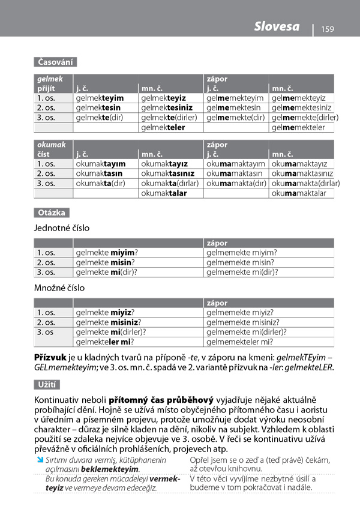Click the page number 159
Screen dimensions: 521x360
(x=327, y=29)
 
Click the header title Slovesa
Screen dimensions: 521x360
(x=277, y=27)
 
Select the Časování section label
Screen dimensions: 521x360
(x=56, y=62)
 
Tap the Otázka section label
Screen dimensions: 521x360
(x=52, y=212)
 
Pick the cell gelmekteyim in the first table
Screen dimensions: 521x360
(x=100, y=98)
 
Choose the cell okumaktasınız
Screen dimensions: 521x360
(x=168, y=173)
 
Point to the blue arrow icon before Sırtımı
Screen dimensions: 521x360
(x=39, y=460)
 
